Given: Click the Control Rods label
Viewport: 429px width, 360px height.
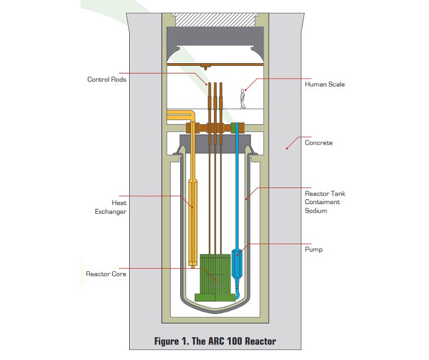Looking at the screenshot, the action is coord(107,79).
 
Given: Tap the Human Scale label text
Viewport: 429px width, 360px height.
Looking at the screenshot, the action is coord(325,85).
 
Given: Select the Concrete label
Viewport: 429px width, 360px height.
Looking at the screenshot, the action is coord(319,142).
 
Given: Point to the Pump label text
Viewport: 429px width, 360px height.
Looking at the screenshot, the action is coord(314,250).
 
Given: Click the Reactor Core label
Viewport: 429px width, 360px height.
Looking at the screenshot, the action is coord(106,274).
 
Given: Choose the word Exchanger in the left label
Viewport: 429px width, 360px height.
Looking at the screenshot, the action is coord(110,212).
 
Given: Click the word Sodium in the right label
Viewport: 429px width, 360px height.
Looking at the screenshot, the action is coord(316,211).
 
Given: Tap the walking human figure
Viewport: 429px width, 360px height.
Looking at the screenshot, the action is coord(242,99).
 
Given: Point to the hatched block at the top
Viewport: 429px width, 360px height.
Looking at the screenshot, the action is coord(216,20).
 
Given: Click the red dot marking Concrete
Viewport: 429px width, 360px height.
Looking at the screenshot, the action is coord(287,148).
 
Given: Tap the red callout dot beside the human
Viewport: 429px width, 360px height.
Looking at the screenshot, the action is coord(246,89).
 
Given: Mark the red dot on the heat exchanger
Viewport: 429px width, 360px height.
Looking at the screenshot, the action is coord(192,207).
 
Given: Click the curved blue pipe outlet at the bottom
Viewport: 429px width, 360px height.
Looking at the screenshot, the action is coord(238,294).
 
